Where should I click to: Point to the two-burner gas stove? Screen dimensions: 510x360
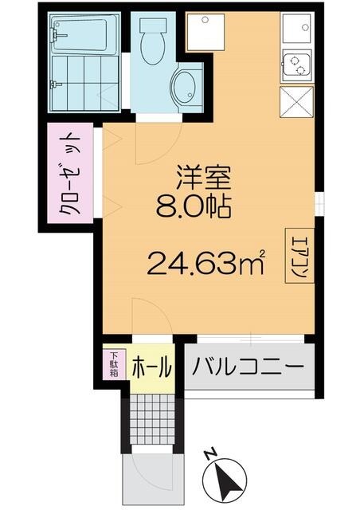click(x=295, y=65)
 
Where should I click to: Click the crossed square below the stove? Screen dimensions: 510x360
click(x=296, y=102)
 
